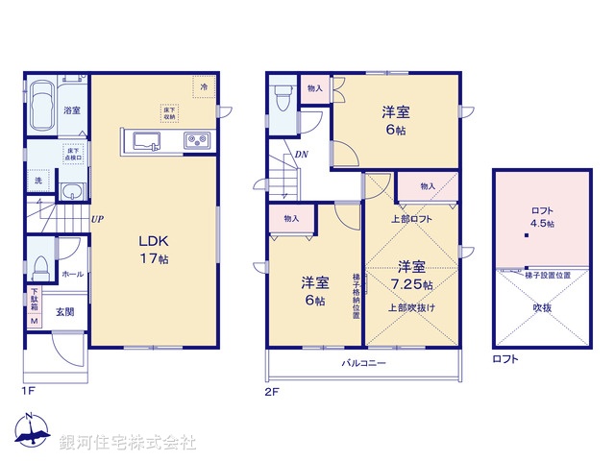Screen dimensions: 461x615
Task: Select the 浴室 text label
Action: pos(72,110)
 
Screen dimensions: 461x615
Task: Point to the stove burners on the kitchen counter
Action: pos(196,141)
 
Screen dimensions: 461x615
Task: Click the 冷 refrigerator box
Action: pos(204,86)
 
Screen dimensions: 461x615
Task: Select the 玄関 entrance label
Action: pos(64,311)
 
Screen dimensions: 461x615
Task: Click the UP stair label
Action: pos(97,219)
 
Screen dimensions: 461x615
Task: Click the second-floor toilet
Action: pos(283,99)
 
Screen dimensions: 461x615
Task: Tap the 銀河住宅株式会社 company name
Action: pos(128,443)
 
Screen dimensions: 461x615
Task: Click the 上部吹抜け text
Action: pos(412,307)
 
